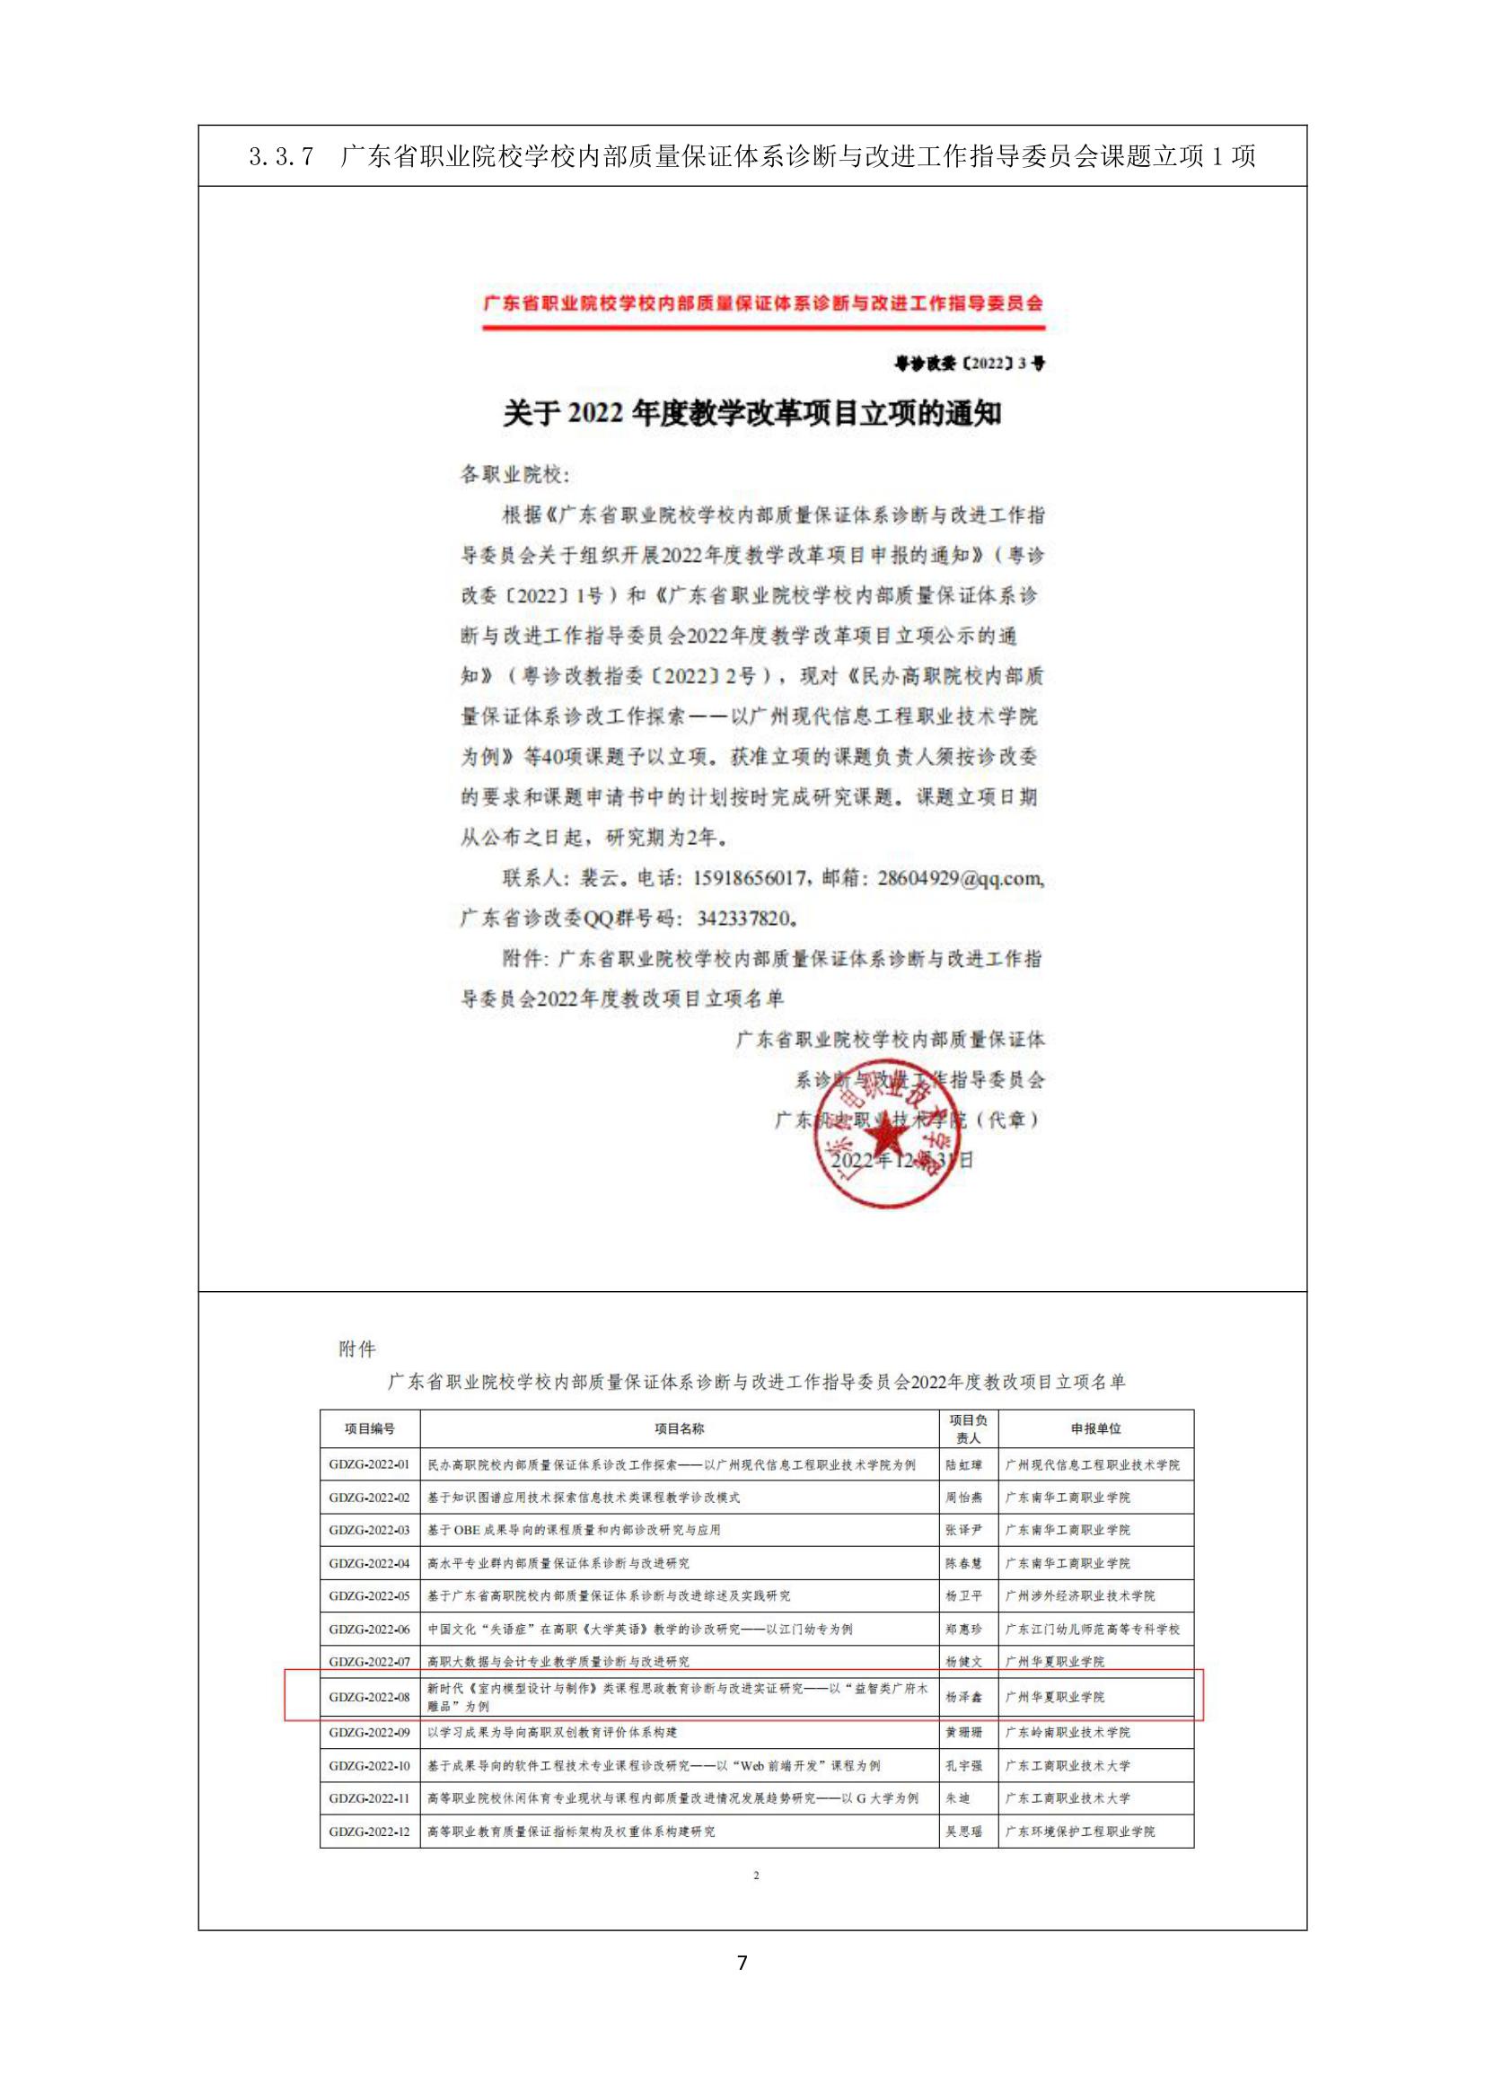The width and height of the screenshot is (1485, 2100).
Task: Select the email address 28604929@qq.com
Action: pos(959,878)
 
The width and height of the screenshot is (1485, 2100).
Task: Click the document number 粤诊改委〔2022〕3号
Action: pos(971,363)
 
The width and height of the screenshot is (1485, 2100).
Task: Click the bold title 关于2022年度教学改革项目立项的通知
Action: pos(751,414)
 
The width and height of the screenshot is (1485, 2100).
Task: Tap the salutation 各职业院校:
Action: pos(514,475)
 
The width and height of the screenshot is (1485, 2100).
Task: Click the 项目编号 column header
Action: pos(369,1428)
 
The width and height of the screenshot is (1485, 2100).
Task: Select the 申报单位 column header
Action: pos(1095,1428)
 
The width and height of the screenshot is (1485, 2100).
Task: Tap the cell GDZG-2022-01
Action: pos(369,1464)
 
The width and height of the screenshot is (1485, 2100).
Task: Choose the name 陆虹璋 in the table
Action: pos(963,1464)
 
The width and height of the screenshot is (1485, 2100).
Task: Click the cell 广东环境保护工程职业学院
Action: pos(1080,1831)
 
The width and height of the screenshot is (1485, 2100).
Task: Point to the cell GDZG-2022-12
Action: pos(369,1831)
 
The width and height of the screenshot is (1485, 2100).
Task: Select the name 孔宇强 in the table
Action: pos(963,1765)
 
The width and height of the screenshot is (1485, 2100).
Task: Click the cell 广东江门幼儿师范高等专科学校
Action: pos(1093,1629)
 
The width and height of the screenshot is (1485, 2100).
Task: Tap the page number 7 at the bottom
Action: pos(742,1963)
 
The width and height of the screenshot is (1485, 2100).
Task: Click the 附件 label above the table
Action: pos(356,1349)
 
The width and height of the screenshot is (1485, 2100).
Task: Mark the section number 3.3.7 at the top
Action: pos(281,156)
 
